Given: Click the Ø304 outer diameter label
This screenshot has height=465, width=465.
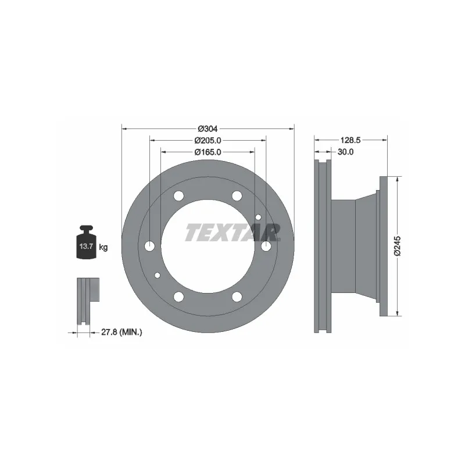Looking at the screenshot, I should (208, 128).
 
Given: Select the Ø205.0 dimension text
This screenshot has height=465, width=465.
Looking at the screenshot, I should (208, 141).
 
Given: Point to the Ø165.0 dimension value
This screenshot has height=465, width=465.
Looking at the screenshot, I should (208, 152).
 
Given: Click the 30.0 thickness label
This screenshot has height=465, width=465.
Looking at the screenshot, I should (346, 152).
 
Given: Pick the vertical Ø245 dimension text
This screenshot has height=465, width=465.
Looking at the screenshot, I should (398, 246).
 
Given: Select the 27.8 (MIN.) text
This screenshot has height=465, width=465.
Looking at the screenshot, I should (121, 332).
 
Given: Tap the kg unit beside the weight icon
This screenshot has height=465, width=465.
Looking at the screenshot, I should (103, 247).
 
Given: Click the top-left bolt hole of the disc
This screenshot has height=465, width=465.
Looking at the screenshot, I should (178, 196).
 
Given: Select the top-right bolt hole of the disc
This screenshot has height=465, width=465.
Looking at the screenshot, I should (237, 196).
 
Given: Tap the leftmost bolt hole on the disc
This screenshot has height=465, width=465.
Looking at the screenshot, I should (150, 246).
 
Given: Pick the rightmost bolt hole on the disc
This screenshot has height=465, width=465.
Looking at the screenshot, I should (266, 246).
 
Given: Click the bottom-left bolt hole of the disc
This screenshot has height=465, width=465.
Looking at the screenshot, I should (178, 297).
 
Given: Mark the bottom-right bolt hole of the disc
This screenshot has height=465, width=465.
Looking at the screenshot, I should (237, 297).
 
